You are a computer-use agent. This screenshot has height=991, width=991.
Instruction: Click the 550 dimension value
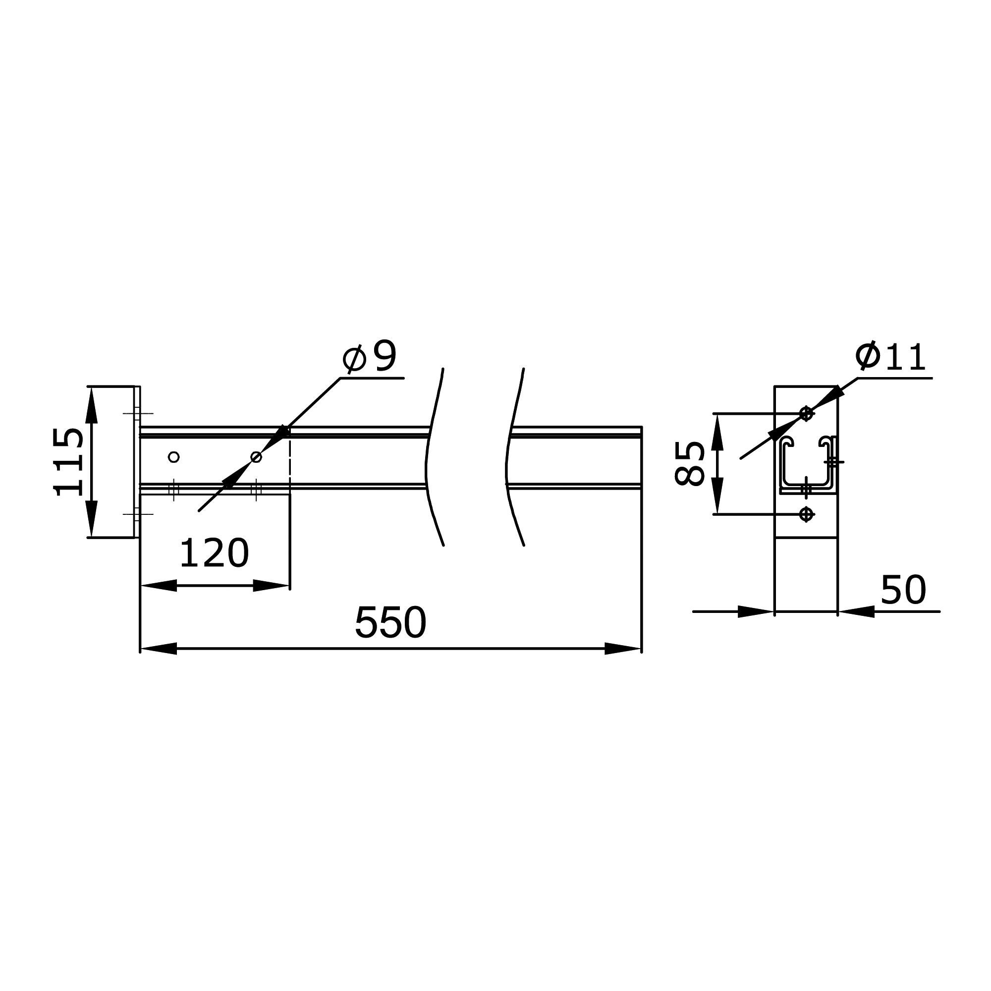click(x=390, y=623)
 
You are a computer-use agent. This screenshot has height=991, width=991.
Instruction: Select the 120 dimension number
click(x=214, y=553)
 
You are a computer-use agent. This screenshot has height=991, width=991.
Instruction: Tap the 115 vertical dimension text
click(x=68, y=462)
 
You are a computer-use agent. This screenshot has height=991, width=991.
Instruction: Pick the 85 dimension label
click(x=689, y=463)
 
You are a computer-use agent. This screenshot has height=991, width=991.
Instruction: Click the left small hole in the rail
click(x=174, y=456)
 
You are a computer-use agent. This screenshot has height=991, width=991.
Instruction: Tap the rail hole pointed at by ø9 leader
click(x=256, y=456)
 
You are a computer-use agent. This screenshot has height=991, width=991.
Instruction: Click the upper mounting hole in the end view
click(x=806, y=413)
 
